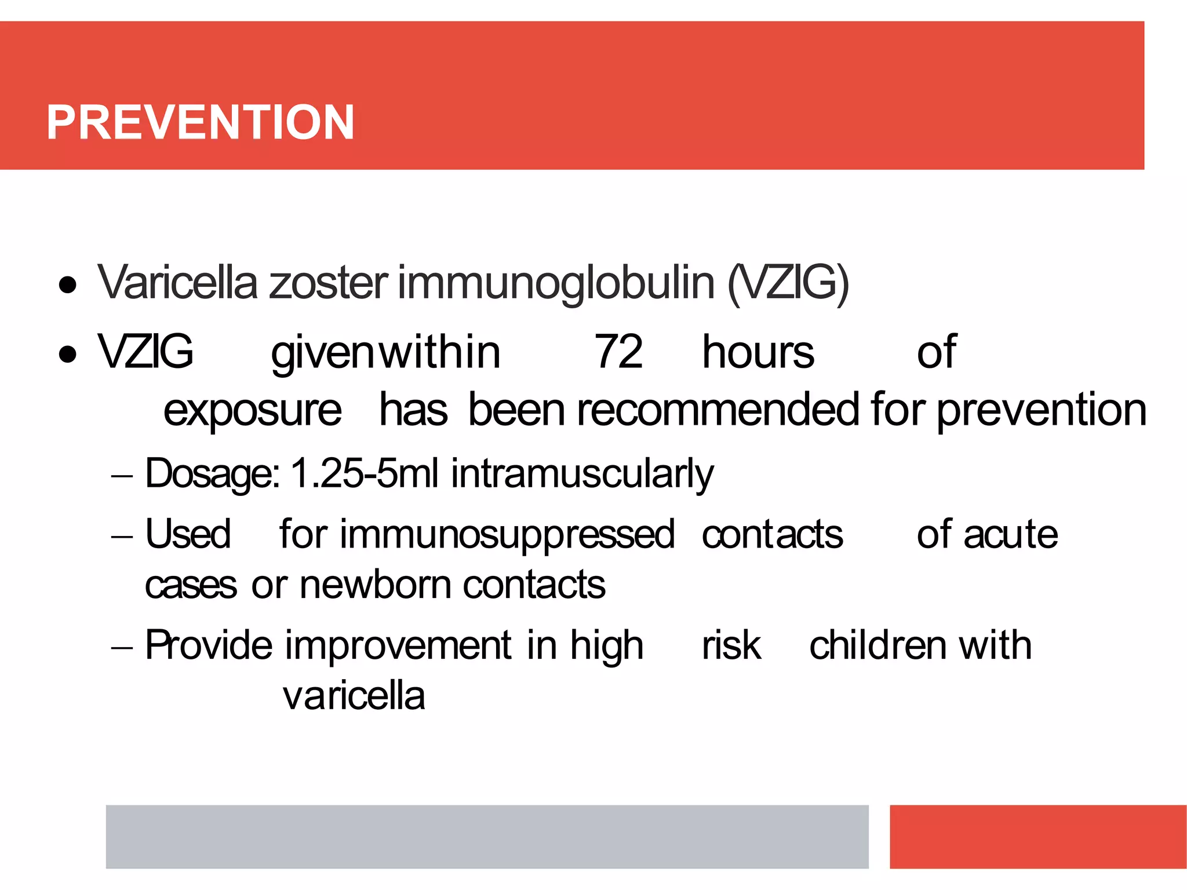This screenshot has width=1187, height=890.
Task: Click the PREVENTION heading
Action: tap(200, 122)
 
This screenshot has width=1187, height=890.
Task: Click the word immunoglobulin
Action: tap(556, 284)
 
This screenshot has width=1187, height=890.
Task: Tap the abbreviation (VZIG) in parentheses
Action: tap(788, 284)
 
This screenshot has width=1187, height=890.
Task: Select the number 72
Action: tap(618, 352)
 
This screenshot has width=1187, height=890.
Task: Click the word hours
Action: tap(758, 352)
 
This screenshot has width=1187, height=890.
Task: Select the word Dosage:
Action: tap(212, 474)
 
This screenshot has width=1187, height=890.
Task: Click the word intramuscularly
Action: tap(582, 474)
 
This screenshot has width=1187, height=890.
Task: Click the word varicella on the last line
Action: tap(354, 696)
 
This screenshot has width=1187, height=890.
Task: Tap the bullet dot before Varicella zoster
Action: tap(68, 285)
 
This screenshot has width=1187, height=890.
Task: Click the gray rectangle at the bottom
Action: tap(487, 836)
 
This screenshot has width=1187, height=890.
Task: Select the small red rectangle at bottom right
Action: tap(1037, 836)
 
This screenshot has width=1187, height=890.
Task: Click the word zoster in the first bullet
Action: tap(328, 284)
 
